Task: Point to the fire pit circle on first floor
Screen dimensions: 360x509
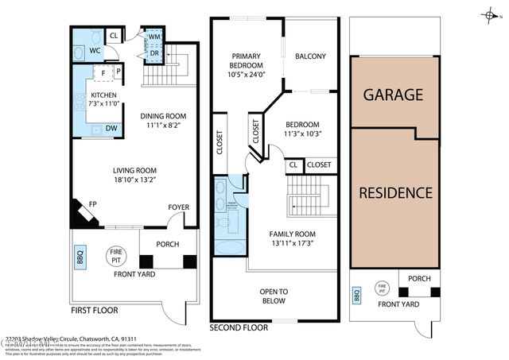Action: click(x=116, y=256)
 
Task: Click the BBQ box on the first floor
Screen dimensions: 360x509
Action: click(x=80, y=258)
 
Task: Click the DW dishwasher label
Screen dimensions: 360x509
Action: click(x=112, y=128)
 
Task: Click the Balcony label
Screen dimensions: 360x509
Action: click(x=310, y=56)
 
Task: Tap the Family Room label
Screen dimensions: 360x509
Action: click(x=292, y=234)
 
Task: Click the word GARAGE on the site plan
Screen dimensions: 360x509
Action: click(x=393, y=95)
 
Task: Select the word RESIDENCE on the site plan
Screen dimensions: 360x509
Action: click(x=395, y=192)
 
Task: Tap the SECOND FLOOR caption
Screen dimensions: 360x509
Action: click(x=239, y=327)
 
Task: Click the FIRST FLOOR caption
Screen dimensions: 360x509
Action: click(x=96, y=311)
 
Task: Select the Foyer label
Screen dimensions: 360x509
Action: click(x=178, y=207)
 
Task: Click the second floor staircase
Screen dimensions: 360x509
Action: click(x=308, y=195)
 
